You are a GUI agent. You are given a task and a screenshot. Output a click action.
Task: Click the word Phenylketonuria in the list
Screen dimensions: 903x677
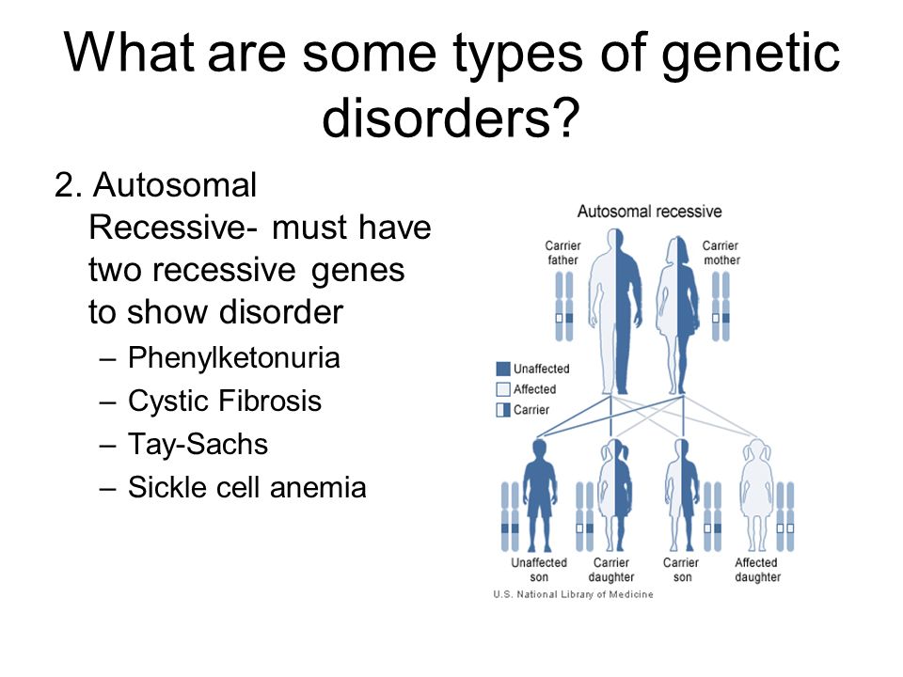click(x=234, y=358)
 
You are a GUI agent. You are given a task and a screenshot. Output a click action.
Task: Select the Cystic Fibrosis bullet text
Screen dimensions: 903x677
click(x=225, y=401)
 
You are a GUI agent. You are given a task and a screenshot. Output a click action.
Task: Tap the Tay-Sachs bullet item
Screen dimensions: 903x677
click(x=198, y=445)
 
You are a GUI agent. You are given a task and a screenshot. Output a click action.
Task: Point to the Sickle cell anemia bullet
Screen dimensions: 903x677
click(x=247, y=487)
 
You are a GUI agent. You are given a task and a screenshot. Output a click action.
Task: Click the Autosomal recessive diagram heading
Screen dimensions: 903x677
click(x=650, y=212)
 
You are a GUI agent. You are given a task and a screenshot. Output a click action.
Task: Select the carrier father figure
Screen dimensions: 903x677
click(x=615, y=311)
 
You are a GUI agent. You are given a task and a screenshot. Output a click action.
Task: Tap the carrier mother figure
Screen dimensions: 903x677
click(x=678, y=315)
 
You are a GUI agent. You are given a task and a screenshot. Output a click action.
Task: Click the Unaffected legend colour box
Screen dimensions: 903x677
click(x=502, y=369)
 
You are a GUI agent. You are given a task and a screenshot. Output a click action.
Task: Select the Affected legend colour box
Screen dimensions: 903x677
click(x=502, y=389)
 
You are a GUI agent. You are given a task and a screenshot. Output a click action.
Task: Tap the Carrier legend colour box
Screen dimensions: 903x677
click(x=502, y=410)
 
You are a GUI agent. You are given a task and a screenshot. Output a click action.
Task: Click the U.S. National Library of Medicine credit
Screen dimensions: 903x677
click(x=573, y=594)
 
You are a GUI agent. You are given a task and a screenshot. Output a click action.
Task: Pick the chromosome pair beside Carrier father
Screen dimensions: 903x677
click(x=564, y=307)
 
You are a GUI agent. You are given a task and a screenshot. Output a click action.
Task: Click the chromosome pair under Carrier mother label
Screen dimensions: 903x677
click(x=721, y=307)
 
